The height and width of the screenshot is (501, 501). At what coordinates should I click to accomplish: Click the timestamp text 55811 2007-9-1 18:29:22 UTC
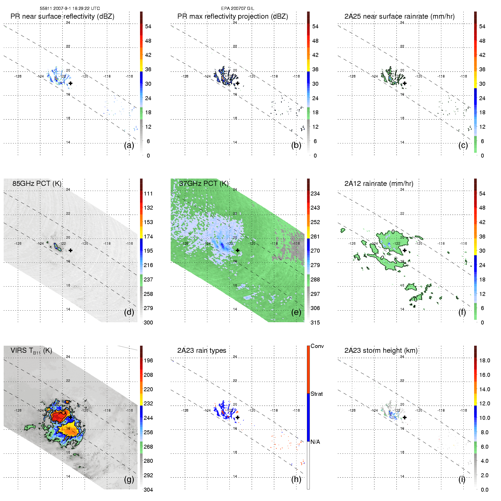coord(70,8)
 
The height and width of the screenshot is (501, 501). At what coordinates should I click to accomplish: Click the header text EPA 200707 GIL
coord(237,8)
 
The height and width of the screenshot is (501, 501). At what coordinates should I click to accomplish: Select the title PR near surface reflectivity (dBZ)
coord(62,16)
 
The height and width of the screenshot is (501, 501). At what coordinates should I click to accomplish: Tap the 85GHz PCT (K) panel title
coord(37,184)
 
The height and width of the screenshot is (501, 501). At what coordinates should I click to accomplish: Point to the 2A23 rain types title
coord(201,351)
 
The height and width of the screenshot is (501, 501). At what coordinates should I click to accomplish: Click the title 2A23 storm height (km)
coord(381,351)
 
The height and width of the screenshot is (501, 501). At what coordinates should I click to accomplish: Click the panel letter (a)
coord(129,145)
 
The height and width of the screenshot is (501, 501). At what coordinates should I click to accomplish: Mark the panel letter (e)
coord(296,312)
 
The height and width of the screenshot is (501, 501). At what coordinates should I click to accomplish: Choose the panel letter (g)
coord(129,479)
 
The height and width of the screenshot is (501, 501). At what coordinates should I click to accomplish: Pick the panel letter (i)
coord(462,479)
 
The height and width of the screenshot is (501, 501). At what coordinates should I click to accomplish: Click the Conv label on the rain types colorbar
coord(317,346)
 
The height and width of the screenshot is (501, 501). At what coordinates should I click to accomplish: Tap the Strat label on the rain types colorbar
coord(317,394)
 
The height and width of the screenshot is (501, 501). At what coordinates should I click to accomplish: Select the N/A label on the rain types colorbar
coord(315,442)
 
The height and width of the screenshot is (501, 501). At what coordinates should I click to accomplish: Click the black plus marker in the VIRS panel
coord(70,417)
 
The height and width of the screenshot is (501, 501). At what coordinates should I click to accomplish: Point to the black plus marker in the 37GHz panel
coord(238,250)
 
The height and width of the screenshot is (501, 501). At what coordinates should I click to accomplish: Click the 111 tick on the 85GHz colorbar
coord(148,193)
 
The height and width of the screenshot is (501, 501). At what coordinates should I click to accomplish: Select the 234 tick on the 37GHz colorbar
coord(315,193)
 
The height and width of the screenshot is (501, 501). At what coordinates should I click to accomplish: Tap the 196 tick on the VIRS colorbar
coord(148,360)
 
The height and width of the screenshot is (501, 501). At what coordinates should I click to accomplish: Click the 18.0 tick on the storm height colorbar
coord(484,360)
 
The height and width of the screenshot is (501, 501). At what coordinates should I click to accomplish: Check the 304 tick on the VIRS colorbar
coord(148,490)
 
